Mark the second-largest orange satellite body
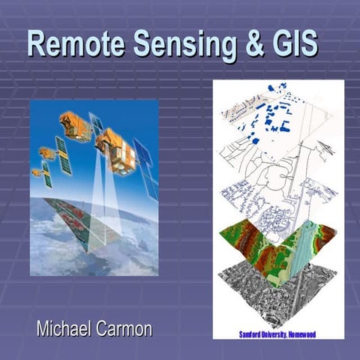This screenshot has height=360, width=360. [75, 125]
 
